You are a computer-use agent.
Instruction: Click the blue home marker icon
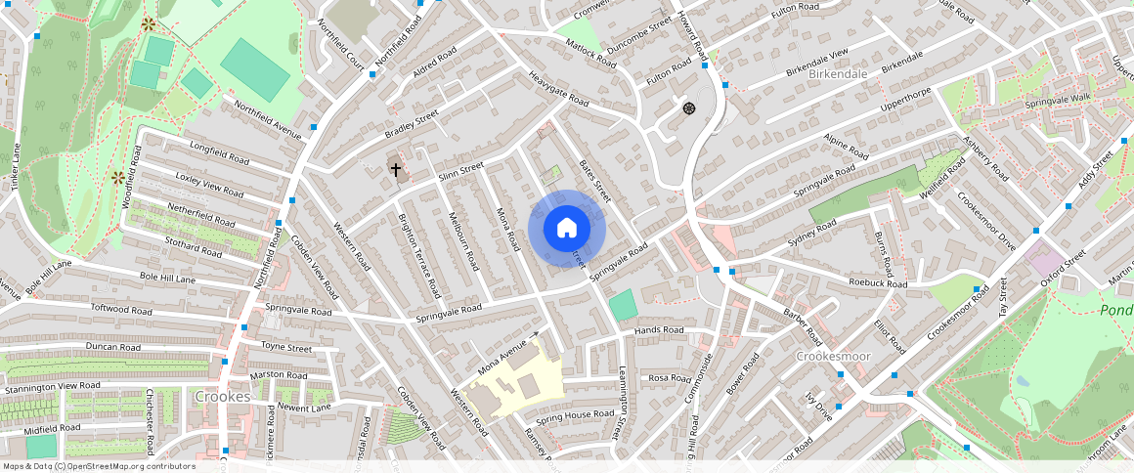pos(567,229)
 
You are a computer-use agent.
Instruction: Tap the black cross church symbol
pos(396,169)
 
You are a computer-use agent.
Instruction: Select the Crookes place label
pos(222,397)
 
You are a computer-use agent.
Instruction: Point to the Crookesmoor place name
pos(833,357)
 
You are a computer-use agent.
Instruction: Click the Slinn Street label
pos(461,170)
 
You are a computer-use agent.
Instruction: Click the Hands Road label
pos(659,330)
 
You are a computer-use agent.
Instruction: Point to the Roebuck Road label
pos(878,284)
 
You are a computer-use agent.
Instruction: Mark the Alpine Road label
pos(846,148)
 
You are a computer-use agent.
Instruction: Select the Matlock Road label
pos(590,53)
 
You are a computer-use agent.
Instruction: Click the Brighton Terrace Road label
pos(420,255)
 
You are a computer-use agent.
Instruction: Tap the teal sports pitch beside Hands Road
pos(623,304)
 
